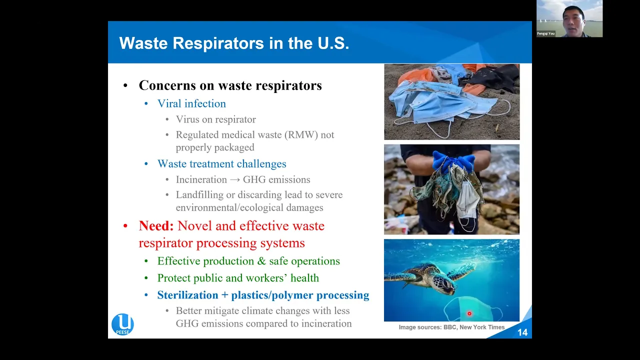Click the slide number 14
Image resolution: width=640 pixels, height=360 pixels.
(522, 332)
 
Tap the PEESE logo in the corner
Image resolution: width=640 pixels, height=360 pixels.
(122, 324)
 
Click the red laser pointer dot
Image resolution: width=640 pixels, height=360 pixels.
(469, 313)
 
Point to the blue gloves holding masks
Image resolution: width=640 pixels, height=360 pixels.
(453, 160)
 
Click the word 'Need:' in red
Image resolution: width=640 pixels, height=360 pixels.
(156, 226)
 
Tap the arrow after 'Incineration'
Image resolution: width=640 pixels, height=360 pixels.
(235, 179)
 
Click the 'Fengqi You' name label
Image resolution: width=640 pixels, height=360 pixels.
(545, 33)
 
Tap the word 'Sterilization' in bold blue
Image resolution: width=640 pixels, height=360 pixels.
(187, 295)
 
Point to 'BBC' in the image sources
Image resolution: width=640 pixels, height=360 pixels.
(449, 327)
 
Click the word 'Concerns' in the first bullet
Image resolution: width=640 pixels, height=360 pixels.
(167, 85)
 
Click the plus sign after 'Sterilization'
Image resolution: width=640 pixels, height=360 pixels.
(225, 295)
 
